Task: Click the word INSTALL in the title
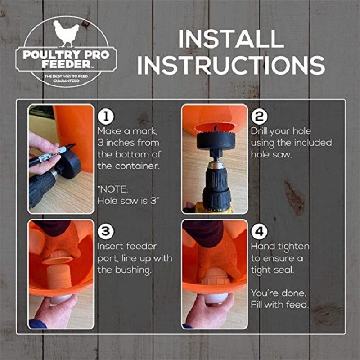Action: click(x=231, y=39)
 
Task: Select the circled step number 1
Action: click(x=106, y=117)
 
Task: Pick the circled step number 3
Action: click(x=106, y=232)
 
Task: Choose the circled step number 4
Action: click(x=259, y=232)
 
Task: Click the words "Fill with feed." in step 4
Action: click(x=279, y=304)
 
